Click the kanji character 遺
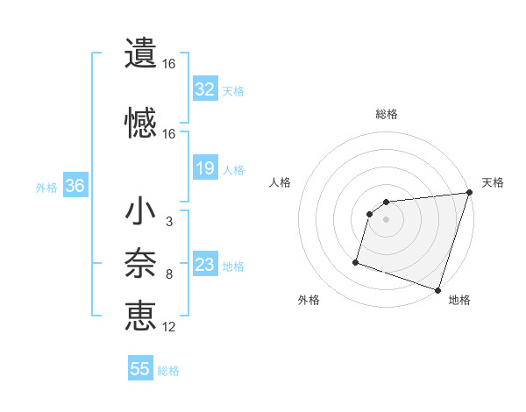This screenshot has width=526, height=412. tap(141, 53)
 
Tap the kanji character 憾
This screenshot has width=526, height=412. tap(141, 122)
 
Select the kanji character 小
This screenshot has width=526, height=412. tap(141, 213)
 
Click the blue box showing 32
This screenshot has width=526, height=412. tap(204, 89)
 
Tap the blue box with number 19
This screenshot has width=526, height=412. tap(204, 168)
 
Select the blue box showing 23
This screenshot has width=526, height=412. tap(204, 265)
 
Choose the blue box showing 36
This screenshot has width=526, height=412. tap(75, 186)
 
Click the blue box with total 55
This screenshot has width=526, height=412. tap(140, 369)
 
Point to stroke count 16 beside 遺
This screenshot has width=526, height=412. tap(169, 64)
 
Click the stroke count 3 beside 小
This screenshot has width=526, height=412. tap(168, 222)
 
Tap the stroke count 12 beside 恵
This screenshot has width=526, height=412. tap(169, 327)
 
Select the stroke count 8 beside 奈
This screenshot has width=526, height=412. tap(168, 274)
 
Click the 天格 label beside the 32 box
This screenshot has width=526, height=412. tap(233, 90)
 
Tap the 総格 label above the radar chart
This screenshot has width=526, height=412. tap(387, 114)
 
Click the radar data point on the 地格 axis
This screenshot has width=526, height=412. tap(437, 289)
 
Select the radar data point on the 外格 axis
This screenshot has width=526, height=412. tap(356, 261)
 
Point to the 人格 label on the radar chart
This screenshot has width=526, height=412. tap(281, 182)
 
